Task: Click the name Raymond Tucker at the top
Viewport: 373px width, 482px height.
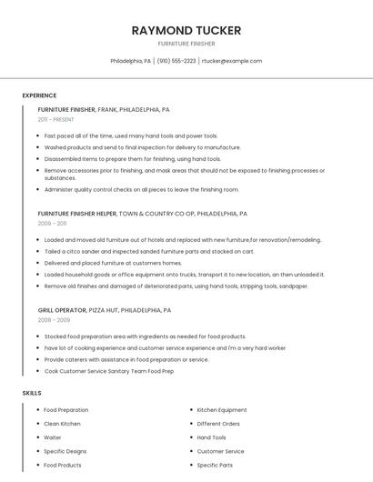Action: tap(186, 30)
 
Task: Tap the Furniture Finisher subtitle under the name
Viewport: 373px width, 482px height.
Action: tap(186, 44)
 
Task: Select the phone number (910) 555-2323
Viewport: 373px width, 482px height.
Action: tap(176, 61)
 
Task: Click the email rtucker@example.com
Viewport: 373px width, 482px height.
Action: tap(232, 61)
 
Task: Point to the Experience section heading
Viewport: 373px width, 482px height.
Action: tap(39, 95)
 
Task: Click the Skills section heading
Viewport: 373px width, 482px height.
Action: tap(32, 393)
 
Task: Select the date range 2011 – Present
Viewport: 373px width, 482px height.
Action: tap(55, 119)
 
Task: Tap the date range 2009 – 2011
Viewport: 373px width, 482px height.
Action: tap(52, 223)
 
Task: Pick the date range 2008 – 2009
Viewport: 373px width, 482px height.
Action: tap(53, 320)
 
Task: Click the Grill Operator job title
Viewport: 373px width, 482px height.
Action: tap(62, 310)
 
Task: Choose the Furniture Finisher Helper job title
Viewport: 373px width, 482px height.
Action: tap(77, 214)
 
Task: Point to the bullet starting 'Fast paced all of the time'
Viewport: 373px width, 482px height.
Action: tap(131, 136)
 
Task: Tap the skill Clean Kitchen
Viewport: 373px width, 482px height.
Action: tap(62, 424)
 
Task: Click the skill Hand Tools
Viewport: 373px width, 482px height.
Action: tap(211, 437)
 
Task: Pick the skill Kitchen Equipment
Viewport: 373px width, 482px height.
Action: tap(221, 410)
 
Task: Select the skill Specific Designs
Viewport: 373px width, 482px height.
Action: tap(66, 451)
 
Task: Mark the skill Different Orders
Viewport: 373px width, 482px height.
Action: tap(218, 424)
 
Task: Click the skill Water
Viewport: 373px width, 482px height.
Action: tap(53, 437)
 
